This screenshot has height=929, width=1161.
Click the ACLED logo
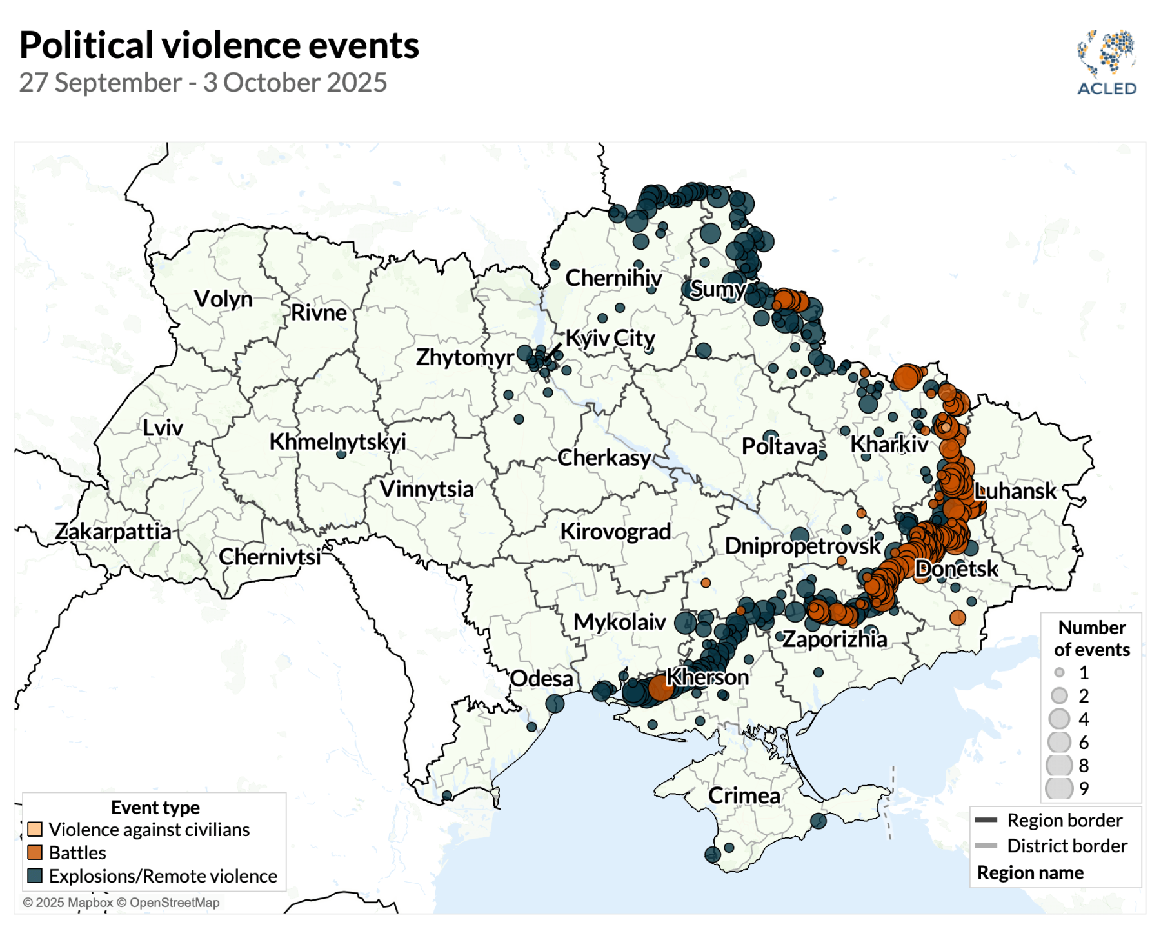tap(1106, 63)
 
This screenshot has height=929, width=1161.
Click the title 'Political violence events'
tap(219, 46)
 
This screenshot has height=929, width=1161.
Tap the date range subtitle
tap(203, 83)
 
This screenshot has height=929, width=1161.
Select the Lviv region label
tap(163, 428)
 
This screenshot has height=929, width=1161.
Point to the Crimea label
tap(744, 795)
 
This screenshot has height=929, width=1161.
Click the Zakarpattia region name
tap(113, 532)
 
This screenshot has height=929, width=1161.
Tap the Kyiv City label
tap(610, 338)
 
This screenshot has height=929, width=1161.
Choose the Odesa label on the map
tap(541, 679)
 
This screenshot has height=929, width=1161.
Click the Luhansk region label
tap(1015, 491)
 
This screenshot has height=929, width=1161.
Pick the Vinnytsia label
tap(426, 489)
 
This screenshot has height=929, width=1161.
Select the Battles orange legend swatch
tap(35, 852)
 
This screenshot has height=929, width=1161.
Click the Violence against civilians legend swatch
tap(35, 829)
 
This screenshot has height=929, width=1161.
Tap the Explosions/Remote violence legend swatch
tap(35, 875)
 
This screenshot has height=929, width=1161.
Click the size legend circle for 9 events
tap(1058, 788)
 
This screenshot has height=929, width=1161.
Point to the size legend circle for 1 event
tap(1059, 673)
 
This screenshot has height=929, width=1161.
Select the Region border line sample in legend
tap(986, 820)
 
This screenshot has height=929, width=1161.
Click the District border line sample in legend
tap(986, 845)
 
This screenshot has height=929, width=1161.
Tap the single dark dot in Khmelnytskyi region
tap(341, 454)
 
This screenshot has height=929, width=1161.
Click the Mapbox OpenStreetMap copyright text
tap(121, 903)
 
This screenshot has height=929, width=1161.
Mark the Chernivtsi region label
tap(270, 557)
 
